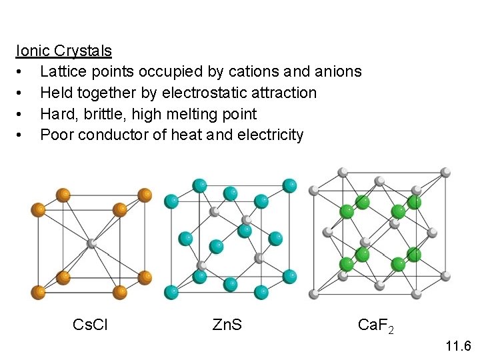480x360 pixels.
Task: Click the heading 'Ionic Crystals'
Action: pyautogui.click(x=64, y=51)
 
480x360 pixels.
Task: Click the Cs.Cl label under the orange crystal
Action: pyautogui.click(x=90, y=325)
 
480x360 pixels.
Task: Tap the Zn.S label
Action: pyautogui.click(x=227, y=325)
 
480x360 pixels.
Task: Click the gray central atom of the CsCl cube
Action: pyautogui.click(x=91, y=243)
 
